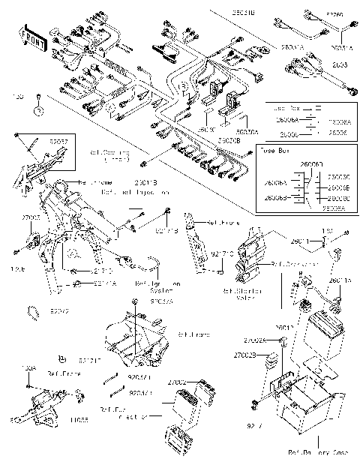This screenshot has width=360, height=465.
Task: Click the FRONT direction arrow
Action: pos(31,40)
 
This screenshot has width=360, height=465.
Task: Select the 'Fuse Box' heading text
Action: pos(277,151)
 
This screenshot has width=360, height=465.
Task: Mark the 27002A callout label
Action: pos(267,341)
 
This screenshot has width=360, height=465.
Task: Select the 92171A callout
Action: pos(105,283)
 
